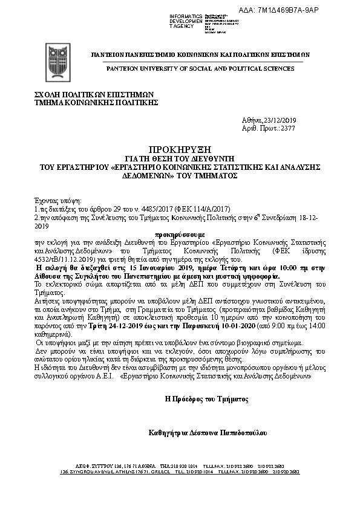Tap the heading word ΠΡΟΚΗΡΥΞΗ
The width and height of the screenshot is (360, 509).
[179, 149]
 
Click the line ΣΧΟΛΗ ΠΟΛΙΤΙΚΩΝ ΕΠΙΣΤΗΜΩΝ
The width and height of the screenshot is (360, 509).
[94, 94]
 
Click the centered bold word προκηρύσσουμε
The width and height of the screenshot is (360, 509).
[180, 232]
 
